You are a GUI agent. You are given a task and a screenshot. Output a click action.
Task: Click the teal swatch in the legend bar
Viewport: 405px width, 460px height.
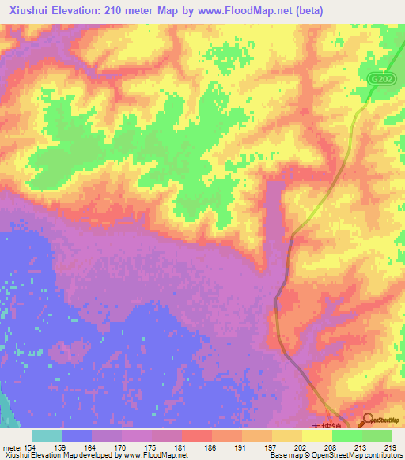(47, 435)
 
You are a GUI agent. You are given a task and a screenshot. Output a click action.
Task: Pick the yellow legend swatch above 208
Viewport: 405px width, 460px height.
(317, 435)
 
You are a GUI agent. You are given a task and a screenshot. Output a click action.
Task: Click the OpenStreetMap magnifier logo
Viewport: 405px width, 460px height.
(369, 420)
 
